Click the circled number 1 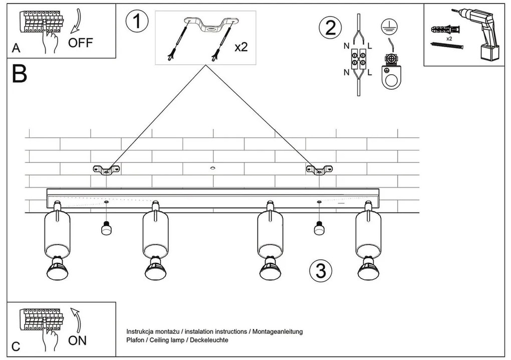(x=138, y=23)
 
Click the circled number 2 (x=331, y=27)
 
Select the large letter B (x=19, y=74)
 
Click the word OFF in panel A (x=81, y=43)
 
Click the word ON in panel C (x=77, y=340)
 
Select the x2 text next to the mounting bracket (x=241, y=47)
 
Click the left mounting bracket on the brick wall (x=106, y=170)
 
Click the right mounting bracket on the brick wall (x=319, y=170)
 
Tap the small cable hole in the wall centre (x=213, y=168)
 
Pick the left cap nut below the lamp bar (x=106, y=229)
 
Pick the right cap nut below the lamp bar (x=319, y=229)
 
